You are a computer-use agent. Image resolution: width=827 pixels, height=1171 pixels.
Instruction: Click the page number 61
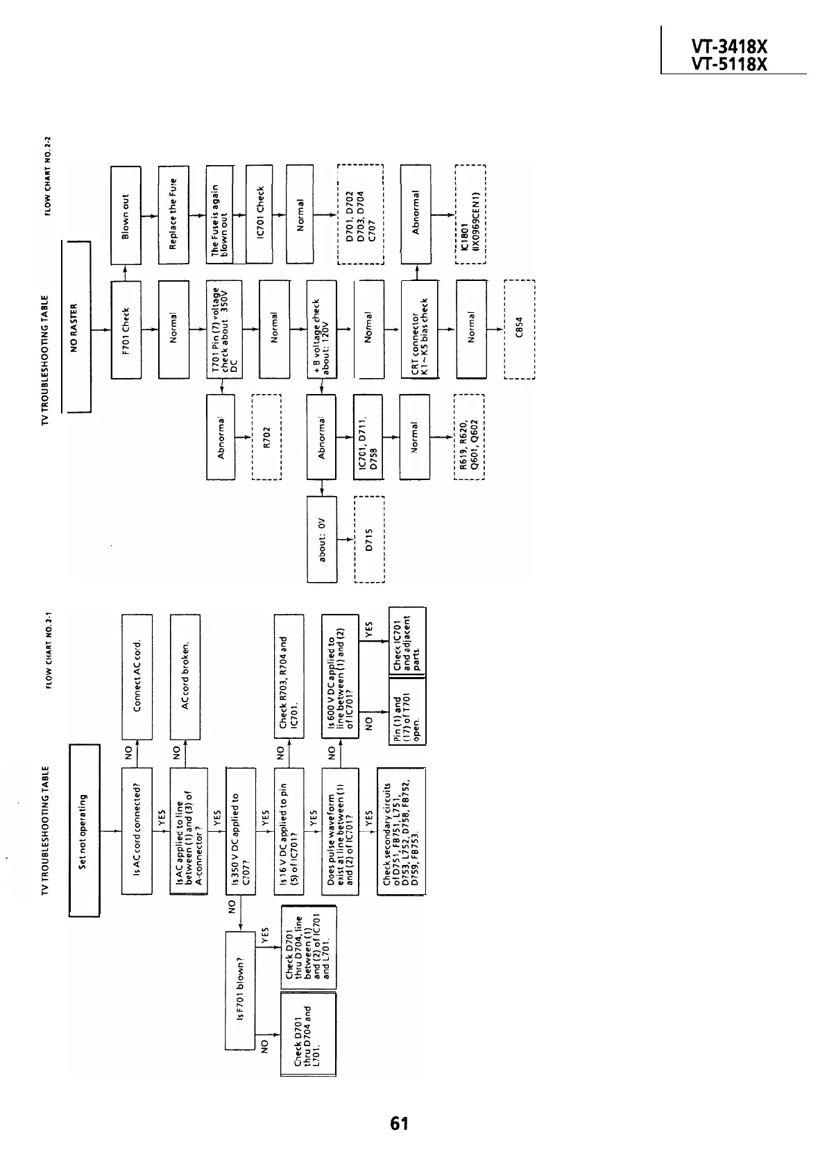(x=399, y=1124)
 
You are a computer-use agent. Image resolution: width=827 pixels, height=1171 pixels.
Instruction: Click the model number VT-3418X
(x=729, y=47)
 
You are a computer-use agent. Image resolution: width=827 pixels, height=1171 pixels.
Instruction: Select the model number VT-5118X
(x=729, y=65)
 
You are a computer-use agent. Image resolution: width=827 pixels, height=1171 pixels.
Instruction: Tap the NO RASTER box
(x=76, y=326)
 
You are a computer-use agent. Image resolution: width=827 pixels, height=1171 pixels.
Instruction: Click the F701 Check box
(x=126, y=329)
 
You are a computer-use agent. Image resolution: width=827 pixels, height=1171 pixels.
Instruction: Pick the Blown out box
(x=126, y=214)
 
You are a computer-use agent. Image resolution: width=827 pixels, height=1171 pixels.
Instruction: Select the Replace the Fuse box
(x=173, y=214)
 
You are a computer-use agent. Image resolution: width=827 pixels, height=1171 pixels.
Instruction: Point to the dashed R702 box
(x=265, y=437)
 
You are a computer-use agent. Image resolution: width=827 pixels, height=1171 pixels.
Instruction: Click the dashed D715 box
(x=369, y=539)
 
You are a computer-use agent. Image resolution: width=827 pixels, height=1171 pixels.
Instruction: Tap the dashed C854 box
(x=519, y=329)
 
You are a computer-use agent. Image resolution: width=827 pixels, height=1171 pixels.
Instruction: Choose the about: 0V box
(x=321, y=539)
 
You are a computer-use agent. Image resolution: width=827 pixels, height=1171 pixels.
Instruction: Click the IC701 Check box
(x=259, y=214)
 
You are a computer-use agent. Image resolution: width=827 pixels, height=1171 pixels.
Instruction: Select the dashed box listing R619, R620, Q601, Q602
(x=469, y=437)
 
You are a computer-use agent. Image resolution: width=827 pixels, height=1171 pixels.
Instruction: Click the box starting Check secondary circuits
(x=401, y=830)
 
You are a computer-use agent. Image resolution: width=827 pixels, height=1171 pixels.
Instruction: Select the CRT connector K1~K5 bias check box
(x=419, y=329)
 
